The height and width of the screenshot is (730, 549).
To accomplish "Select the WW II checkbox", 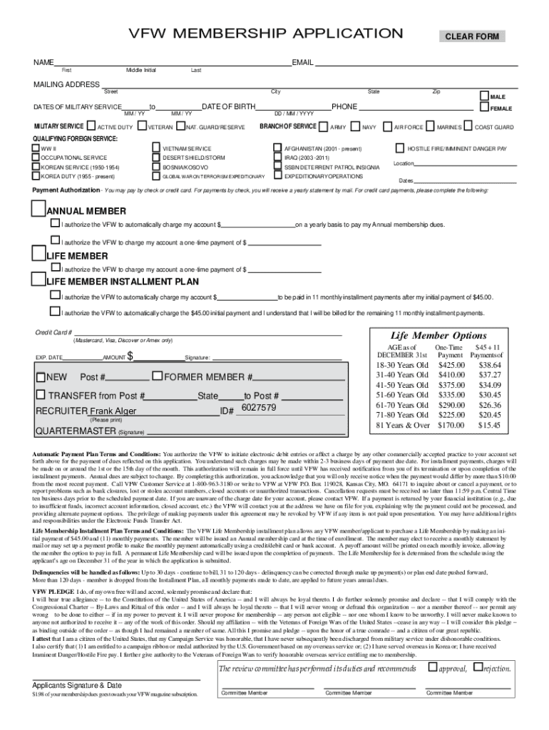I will pos(36,148).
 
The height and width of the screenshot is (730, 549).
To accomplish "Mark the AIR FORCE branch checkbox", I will pos(388,127).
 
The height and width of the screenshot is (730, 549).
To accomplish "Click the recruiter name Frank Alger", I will pos(112,411).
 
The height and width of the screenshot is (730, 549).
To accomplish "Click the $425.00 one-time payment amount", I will pos(451,365).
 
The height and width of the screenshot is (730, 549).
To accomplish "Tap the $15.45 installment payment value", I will pos(489,425).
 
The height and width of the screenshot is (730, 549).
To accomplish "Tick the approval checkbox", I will pos(432,667).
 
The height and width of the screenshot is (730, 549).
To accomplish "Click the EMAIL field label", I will pos(303,63).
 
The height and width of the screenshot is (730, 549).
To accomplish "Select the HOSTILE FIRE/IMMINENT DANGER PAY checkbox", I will pos(401,148).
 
